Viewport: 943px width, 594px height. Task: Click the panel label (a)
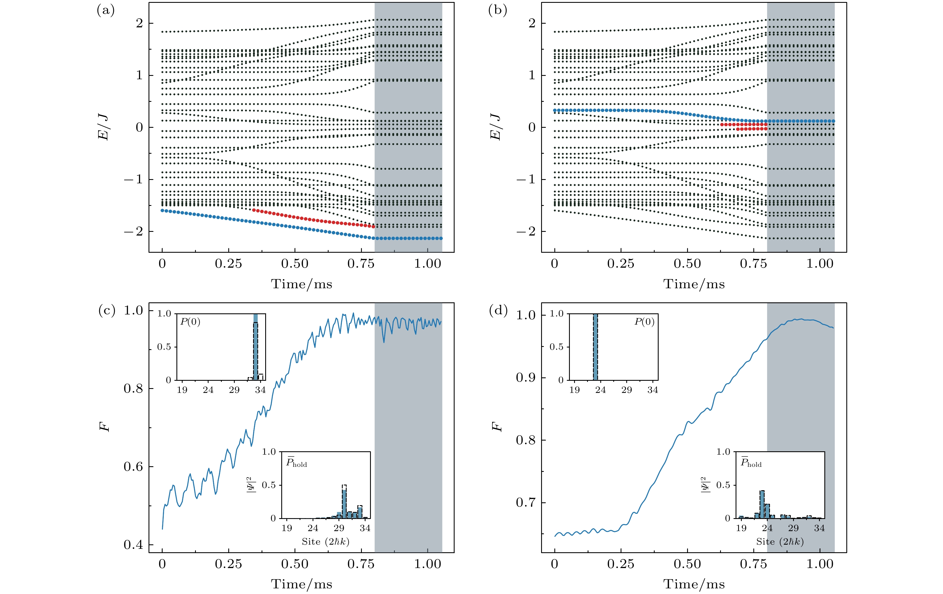pos(105,10)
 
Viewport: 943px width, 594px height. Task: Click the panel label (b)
pos(497,10)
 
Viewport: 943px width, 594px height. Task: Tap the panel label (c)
pos(107,311)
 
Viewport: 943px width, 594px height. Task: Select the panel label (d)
pos(498,311)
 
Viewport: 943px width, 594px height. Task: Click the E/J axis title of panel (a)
pos(103,127)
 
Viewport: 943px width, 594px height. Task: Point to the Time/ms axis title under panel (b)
pos(694,284)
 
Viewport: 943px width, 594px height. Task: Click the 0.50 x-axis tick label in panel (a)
pos(295,264)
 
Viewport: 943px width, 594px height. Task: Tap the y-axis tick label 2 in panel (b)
pos(532,23)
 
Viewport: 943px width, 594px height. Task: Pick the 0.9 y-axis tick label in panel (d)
pos(526,378)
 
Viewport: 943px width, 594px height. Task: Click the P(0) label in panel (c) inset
pos(190,322)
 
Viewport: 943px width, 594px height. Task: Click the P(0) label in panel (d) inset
pos(644,322)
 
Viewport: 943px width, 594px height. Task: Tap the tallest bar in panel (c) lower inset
pos(344,503)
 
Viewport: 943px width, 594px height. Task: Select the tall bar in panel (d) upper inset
pos(595,347)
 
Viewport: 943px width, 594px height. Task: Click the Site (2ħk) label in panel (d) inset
pos(780,542)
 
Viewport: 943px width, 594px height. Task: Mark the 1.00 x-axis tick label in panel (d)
pos(820,564)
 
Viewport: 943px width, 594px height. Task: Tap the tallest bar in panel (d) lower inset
pos(762,505)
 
